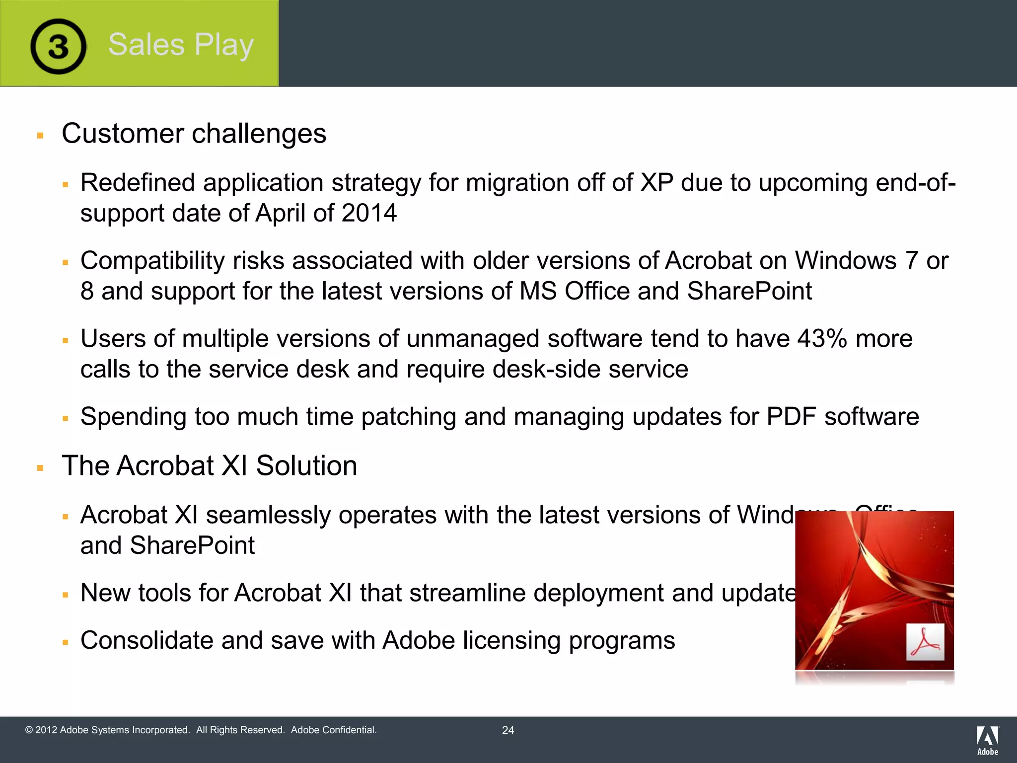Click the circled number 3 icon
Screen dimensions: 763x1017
(x=58, y=46)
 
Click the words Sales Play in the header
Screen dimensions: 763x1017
(x=181, y=45)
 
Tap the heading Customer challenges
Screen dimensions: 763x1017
(x=194, y=134)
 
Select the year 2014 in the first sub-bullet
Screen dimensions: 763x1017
(x=369, y=213)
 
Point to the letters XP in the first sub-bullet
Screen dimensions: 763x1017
(x=656, y=183)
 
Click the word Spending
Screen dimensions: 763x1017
(x=133, y=417)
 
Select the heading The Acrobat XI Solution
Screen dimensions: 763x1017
(x=209, y=466)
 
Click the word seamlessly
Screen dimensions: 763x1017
(x=268, y=515)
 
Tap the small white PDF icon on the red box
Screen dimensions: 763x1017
(x=925, y=642)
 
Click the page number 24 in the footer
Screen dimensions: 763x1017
(x=508, y=730)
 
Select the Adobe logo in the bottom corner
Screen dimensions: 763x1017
(x=987, y=740)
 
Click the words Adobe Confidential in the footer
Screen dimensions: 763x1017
(x=334, y=730)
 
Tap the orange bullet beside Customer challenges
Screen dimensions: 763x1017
(x=40, y=135)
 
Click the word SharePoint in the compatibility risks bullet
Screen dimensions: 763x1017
(x=749, y=291)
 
